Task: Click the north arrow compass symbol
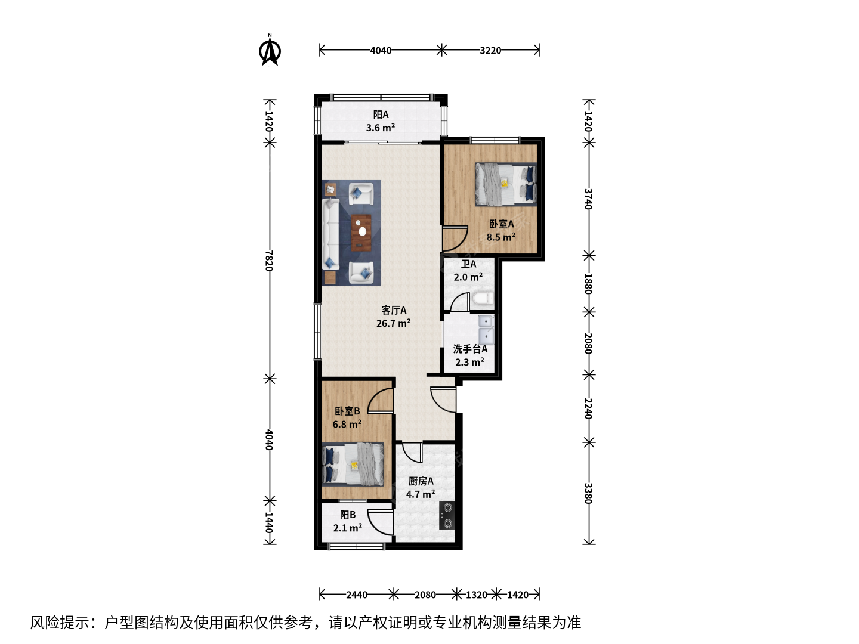pyautogui.click(x=270, y=51)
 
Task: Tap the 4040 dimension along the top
pyautogui.click(x=381, y=51)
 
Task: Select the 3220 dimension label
pyautogui.click(x=490, y=51)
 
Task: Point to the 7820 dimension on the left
pyautogui.click(x=269, y=261)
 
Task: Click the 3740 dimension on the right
pyautogui.click(x=588, y=199)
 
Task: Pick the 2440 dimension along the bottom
pyautogui.click(x=357, y=595)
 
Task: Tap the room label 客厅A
pyautogui.click(x=394, y=311)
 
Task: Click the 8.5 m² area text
pyautogui.click(x=501, y=237)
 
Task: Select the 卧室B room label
pyautogui.click(x=347, y=411)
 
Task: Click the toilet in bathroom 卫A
pyautogui.click(x=483, y=299)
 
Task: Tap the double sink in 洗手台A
pyautogui.click(x=486, y=330)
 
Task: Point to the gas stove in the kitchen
pyautogui.click(x=447, y=515)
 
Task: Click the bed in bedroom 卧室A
pyautogui.click(x=506, y=184)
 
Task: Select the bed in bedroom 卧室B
pyautogui.click(x=353, y=464)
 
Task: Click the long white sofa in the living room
pyautogui.click(x=330, y=234)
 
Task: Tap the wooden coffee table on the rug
pyautogui.click(x=361, y=233)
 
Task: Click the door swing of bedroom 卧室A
pyautogui.click(x=455, y=239)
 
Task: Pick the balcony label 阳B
pyautogui.click(x=348, y=515)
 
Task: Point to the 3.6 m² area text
pyautogui.click(x=381, y=128)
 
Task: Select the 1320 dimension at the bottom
pyautogui.click(x=476, y=595)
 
